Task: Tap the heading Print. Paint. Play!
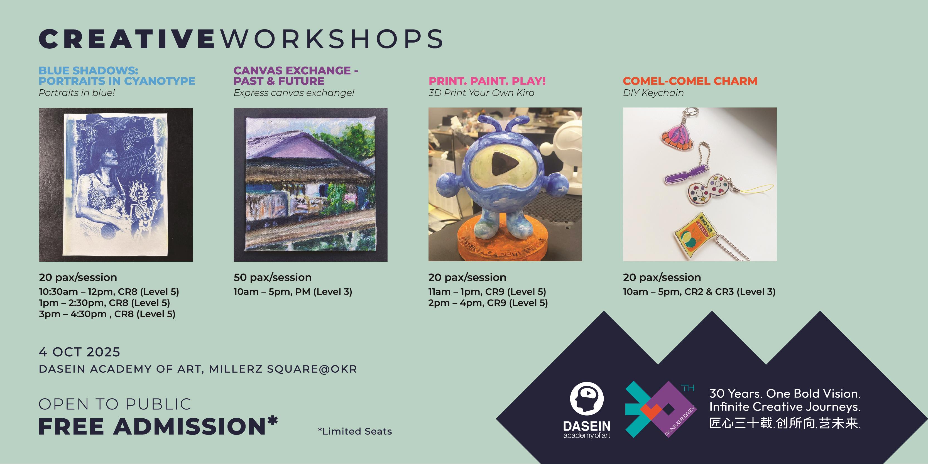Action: coord(487,81)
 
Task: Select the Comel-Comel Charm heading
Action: coord(690,81)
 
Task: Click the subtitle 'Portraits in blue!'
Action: coord(77,93)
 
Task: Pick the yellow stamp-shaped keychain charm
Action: coord(694,236)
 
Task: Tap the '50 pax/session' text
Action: coord(272,278)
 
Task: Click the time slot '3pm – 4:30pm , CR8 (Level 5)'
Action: coord(107,314)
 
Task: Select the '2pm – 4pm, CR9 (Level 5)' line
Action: coord(488,303)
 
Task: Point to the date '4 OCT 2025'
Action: coord(79,352)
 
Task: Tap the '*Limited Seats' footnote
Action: coord(355,431)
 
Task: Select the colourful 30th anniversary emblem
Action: coord(661,409)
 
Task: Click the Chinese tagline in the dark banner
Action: coord(785,423)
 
